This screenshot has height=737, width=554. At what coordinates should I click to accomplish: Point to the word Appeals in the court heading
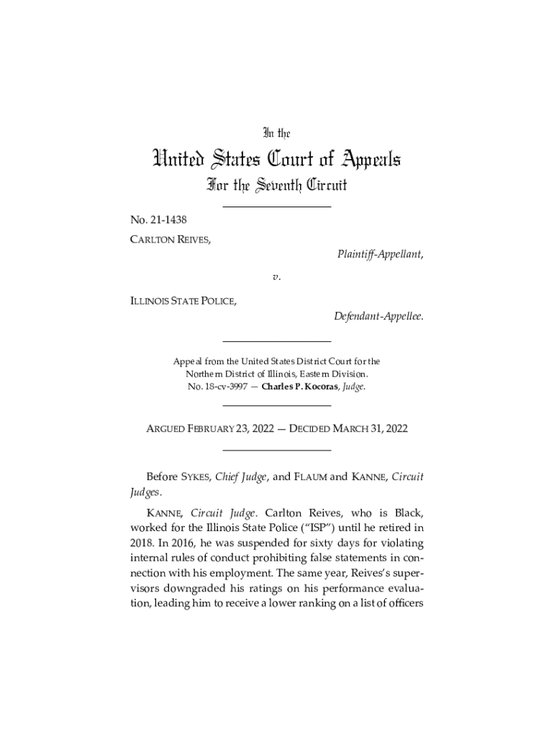pyautogui.click(x=360, y=158)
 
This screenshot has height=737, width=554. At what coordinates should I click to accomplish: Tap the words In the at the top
pyautogui.click(x=276, y=133)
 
